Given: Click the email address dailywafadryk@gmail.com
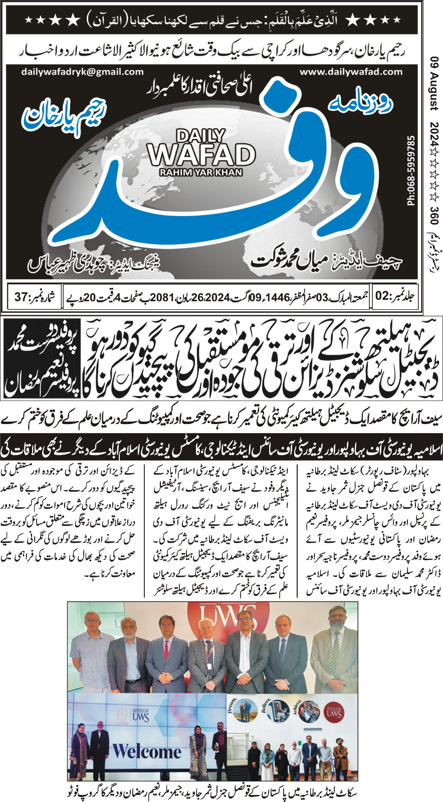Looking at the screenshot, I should click(82, 72).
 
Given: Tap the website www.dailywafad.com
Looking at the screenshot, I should click(351, 72).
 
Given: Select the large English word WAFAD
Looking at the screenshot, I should click(201, 155).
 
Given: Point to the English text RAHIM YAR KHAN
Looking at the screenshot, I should click(200, 172).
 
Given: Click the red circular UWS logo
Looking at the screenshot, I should click(334, 713).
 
